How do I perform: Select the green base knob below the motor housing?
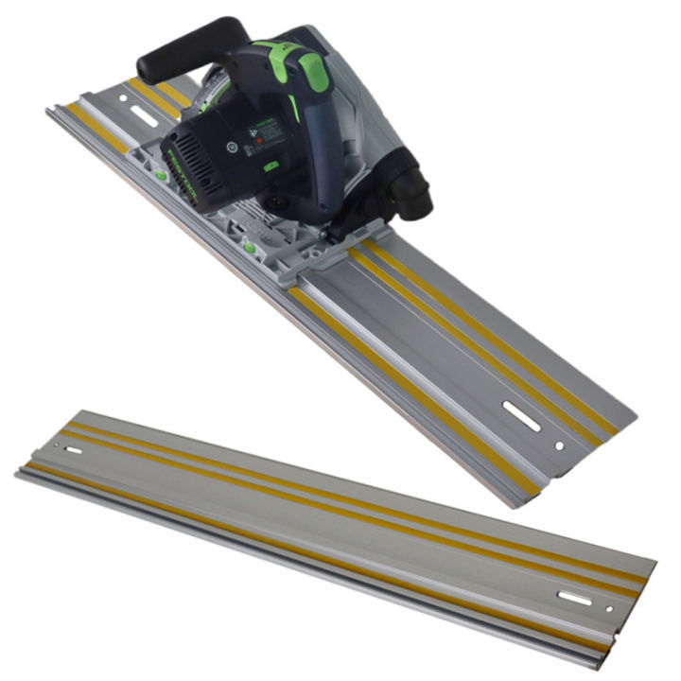(252, 248)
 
